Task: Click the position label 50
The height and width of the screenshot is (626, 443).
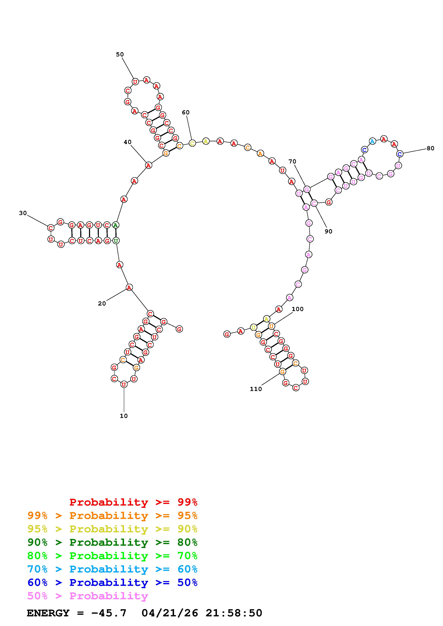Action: click(x=120, y=55)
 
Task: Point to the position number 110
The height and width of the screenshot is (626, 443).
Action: click(x=256, y=389)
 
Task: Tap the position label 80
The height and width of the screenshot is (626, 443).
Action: click(x=430, y=148)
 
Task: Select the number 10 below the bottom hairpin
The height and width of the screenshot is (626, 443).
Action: click(x=124, y=416)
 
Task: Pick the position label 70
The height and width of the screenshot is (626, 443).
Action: click(x=292, y=162)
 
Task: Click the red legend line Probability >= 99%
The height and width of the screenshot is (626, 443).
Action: click(x=133, y=502)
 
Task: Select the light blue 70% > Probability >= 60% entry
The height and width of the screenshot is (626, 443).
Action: click(x=112, y=569)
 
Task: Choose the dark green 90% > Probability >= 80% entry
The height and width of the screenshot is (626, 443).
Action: click(x=112, y=542)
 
